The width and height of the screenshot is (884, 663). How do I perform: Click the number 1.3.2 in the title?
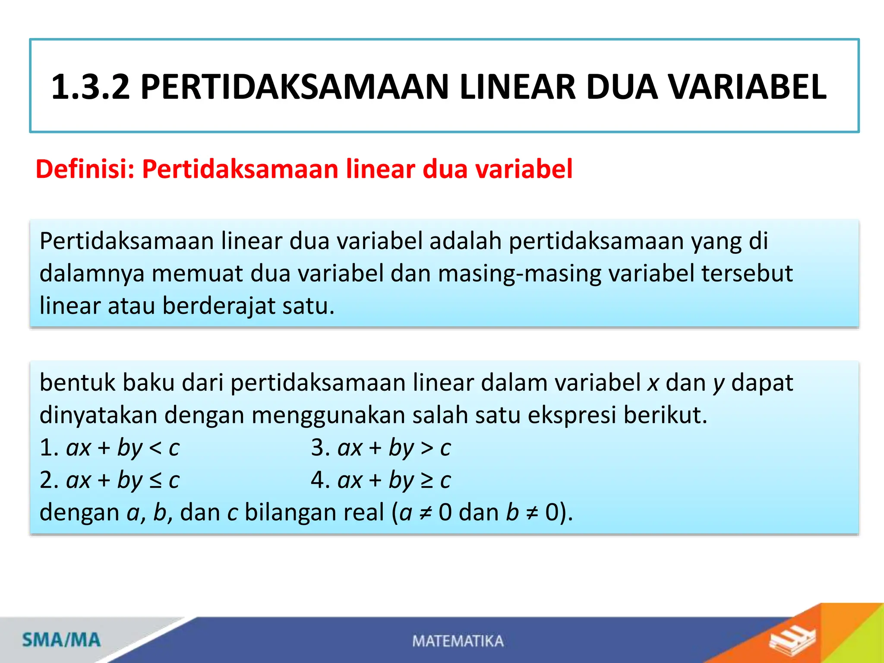(90, 87)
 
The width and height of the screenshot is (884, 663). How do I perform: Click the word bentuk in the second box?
(78, 383)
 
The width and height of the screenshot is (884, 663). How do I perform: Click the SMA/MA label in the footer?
(61, 640)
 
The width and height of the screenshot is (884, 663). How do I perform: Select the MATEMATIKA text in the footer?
(458, 641)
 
